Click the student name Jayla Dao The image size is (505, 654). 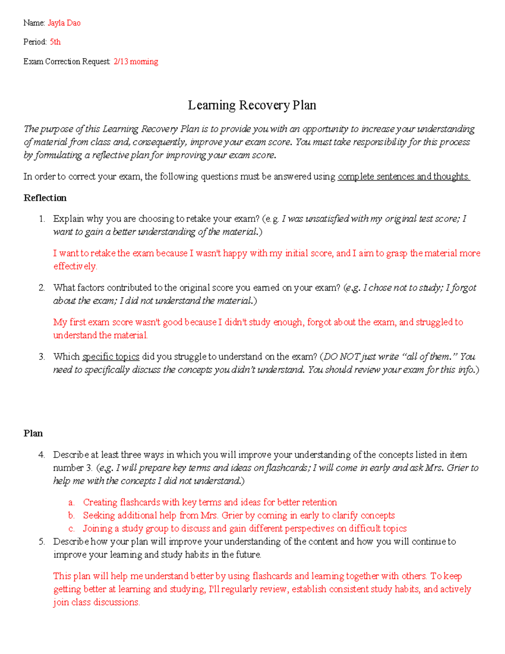point(64,23)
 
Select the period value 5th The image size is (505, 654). point(55,42)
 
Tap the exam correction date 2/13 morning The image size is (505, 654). point(136,61)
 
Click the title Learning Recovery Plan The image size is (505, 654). point(252,105)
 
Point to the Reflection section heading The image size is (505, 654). point(45,198)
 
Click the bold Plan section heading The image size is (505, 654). point(33,433)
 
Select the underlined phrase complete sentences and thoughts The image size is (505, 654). point(404,176)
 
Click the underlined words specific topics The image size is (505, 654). point(111,357)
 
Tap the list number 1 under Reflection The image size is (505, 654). point(41,219)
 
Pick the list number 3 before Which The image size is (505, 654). point(41,357)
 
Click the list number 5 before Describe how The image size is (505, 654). point(41,542)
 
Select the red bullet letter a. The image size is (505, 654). point(71,502)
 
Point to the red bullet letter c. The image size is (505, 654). point(71,529)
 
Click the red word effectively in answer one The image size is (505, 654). point(75,267)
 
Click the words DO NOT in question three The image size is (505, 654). point(342,357)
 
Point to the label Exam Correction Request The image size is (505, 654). point(67,61)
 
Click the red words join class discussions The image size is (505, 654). point(96,602)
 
